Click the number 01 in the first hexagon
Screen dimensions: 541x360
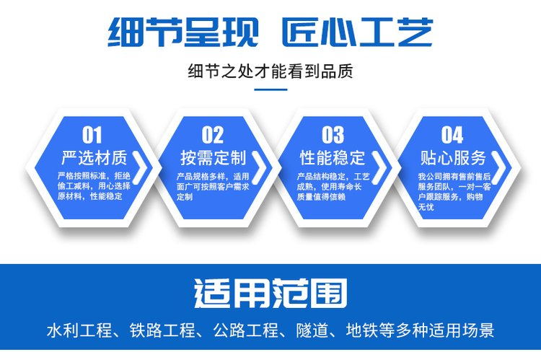[92, 135]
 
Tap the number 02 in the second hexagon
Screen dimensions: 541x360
[213, 135]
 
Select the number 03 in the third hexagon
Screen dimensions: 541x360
[333, 135]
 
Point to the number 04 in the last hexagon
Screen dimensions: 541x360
[452, 135]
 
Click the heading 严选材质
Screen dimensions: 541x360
[94, 158]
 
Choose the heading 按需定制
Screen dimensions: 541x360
[214, 158]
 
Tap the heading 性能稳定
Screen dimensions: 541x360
[333, 158]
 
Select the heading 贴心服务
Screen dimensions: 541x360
[453, 158]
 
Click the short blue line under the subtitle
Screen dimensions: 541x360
[270, 89]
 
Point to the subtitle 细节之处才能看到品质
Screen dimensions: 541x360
[270, 71]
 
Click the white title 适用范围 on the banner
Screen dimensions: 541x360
[270, 293]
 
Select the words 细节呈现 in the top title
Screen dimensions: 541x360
[183, 32]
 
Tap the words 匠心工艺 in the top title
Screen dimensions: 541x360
[358, 32]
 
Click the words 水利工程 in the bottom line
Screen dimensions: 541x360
[79, 330]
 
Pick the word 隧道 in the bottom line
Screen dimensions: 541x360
[312, 330]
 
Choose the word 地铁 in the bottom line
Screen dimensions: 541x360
[362, 330]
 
